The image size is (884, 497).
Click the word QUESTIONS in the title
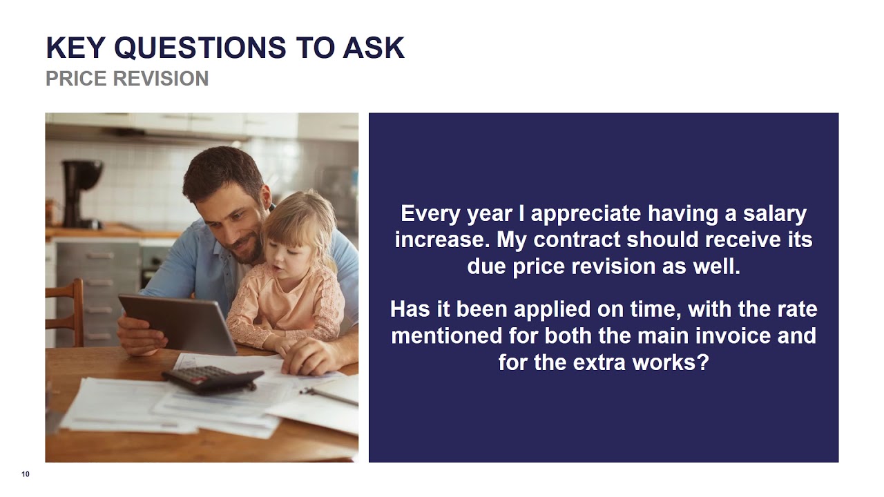click(x=200, y=48)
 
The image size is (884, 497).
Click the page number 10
click(x=26, y=474)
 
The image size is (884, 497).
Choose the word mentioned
click(x=464, y=336)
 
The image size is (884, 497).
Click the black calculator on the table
click(x=212, y=379)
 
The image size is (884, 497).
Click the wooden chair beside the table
click(x=65, y=311)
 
